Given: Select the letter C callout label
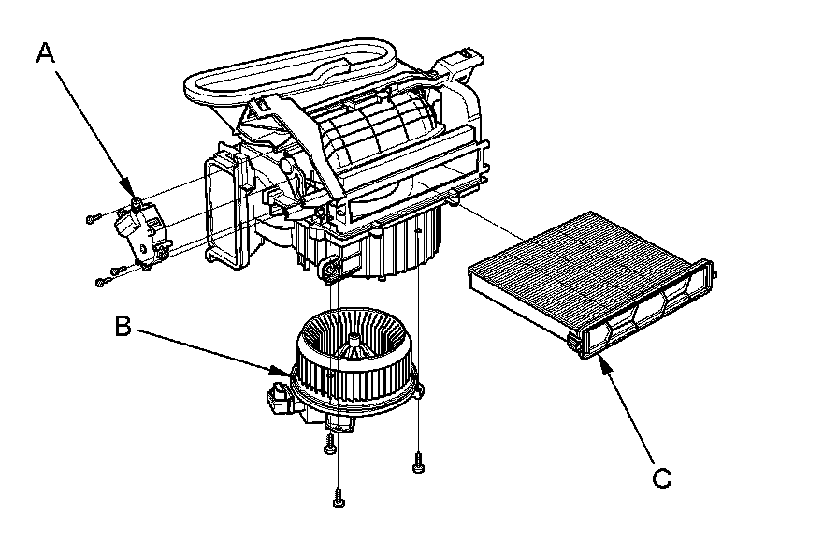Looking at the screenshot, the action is tap(661, 478).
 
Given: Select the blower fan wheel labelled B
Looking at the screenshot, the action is tap(352, 360).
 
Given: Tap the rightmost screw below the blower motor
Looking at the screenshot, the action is tap(416, 461).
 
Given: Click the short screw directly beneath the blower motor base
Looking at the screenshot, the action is tap(329, 448).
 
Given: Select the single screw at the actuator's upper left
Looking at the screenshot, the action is tap(92, 217).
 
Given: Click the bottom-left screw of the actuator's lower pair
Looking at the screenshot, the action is tap(100, 280).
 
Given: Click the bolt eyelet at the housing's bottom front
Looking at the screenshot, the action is tap(328, 272).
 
